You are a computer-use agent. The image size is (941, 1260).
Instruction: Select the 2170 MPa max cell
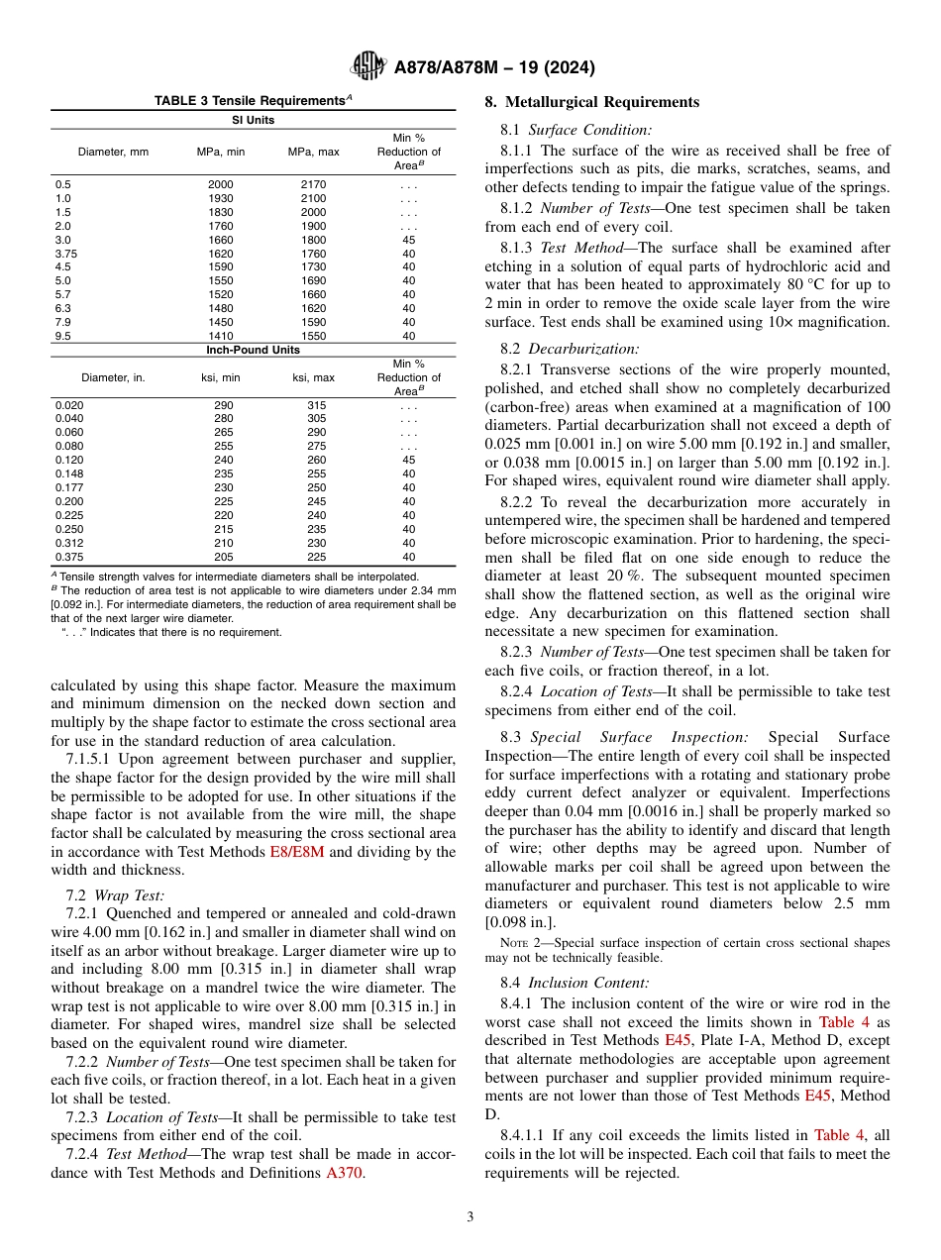313,184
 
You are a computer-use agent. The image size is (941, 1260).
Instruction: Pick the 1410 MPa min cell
221,336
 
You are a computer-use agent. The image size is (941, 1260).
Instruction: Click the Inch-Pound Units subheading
253,350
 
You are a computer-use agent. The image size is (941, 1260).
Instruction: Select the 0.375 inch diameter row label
70,557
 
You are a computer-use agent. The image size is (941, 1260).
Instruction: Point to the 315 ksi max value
316,405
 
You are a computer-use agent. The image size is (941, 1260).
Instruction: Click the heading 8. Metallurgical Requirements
591,102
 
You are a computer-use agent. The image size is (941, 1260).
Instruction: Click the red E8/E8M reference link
297,852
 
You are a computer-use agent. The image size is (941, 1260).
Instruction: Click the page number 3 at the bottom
470,1216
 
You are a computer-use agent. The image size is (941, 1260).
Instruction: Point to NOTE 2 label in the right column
519,943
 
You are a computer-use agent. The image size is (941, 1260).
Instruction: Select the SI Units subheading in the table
253,120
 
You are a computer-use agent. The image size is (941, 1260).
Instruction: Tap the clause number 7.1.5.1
91,759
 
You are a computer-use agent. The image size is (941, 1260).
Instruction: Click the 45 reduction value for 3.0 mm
409,240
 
